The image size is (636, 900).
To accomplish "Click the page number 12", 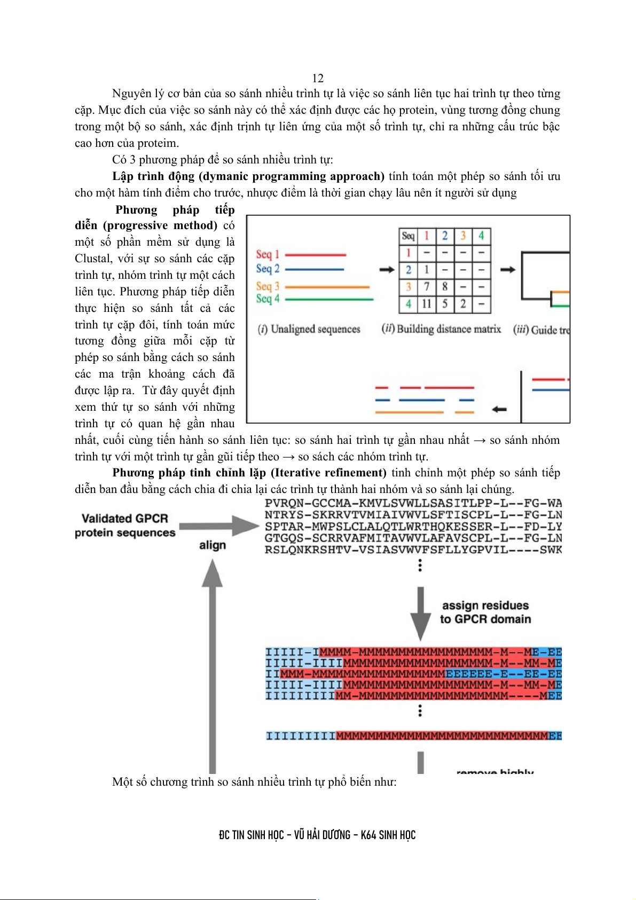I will pos(318,78).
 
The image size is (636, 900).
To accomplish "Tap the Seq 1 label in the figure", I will pos(268,254).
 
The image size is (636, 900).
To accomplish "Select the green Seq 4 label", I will pos(268,299).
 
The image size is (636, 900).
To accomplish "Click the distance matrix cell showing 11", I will pos(427,304).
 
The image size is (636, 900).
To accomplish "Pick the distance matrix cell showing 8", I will pos(445,287).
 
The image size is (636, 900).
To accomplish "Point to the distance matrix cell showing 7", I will pos(427,287).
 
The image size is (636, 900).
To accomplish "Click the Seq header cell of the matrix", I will pos(408,236).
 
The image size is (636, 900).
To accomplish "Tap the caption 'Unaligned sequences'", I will pos(309,329).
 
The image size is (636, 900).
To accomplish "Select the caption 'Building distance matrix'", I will pos(441,329).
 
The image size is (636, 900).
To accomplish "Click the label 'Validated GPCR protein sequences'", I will pos(125,526).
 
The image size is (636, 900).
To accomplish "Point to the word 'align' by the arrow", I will pos(213,545).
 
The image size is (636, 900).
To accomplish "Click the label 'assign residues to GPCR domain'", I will pos(485,612).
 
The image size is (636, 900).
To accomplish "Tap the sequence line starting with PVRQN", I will pos(413,503).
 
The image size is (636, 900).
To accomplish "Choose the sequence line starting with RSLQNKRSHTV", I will pos(413,550).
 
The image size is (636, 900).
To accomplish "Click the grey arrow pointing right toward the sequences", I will pos(219,526).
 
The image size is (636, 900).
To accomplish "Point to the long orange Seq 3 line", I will pos(327,287).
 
